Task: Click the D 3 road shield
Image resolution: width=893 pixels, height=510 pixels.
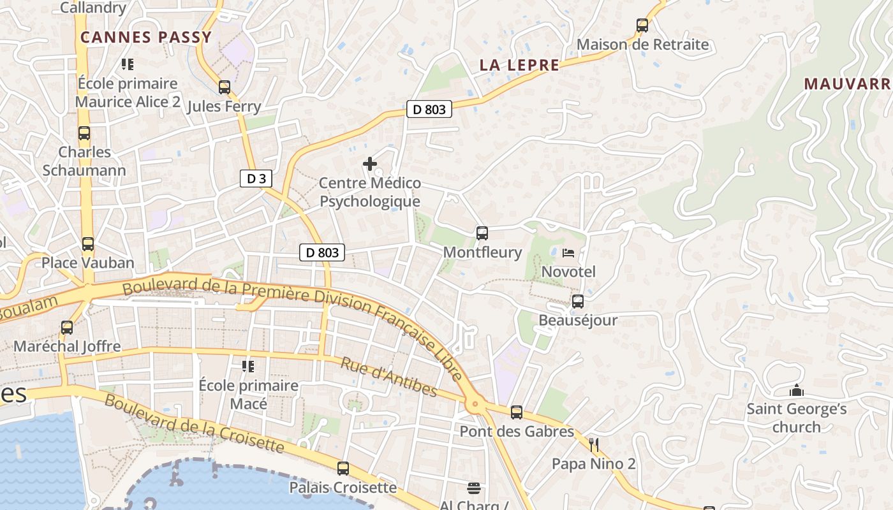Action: (256, 178)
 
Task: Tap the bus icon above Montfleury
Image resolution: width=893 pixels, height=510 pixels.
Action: (482, 233)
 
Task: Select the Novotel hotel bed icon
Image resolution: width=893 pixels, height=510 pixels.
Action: (568, 253)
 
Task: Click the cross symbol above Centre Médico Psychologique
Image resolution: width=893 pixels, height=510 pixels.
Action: (369, 164)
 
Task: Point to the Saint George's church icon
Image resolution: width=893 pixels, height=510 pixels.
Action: (796, 390)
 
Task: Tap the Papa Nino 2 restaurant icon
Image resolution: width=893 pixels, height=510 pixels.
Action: (594, 444)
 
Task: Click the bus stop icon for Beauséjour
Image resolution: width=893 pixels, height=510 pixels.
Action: (578, 301)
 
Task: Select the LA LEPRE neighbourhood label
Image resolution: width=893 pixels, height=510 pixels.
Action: (519, 65)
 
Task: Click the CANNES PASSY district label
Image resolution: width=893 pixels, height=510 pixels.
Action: (146, 37)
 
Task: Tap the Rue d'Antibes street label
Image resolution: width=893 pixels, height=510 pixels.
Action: (388, 377)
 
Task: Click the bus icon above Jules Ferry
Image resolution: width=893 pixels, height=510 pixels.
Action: (224, 87)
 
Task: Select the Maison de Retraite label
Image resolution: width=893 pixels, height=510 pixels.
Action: (642, 45)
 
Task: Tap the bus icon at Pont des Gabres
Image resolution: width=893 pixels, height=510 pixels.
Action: (517, 412)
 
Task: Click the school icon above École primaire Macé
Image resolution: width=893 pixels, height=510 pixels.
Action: (247, 367)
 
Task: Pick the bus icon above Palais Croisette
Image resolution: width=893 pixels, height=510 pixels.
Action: (343, 469)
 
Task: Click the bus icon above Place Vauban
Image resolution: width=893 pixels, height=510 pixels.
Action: (88, 244)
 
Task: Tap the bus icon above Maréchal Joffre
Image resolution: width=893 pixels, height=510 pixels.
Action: (67, 328)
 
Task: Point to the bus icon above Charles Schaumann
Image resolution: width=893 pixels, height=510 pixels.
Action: (84, 133)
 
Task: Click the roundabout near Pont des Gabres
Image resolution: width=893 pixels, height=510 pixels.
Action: (474, 404)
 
